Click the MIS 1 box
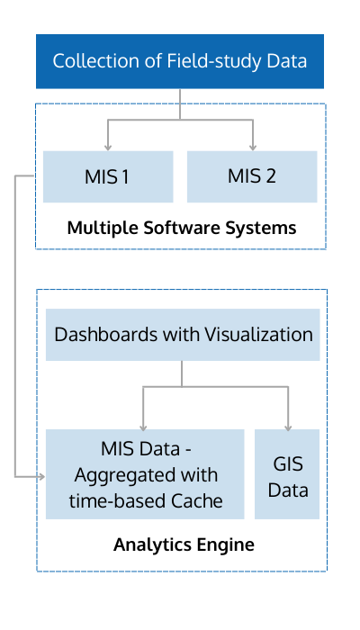pyautogui.click(x=108, y=176)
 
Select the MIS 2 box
pyautogui.click(x=252, y=176)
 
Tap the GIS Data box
pyautogui.click(x=287, y=474)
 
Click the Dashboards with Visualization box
pyautogui.click(x=183, y=335)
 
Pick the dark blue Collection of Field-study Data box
pyautogui.click(x=180, y=61)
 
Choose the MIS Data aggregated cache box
pyautogui.click(x=145, y=474)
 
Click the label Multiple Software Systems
pyautogui.click(x=182, y=229)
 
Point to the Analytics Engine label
pyautogui.click(x=184, y=545)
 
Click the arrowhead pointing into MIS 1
pyautogui.click(x=108, y=148)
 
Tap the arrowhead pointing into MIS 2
pyautogui.click(x=253, y=148)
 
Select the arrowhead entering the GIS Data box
pyautogui.click(x=288, y=427)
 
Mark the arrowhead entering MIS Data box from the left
pyautogui.click(x=41, y=477)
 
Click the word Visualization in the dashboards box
pyautogui.click(x=259, y=334)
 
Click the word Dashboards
pyautogui.click(x=106, y=334)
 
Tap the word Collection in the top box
pyautogui.click(x=103, y=61)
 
